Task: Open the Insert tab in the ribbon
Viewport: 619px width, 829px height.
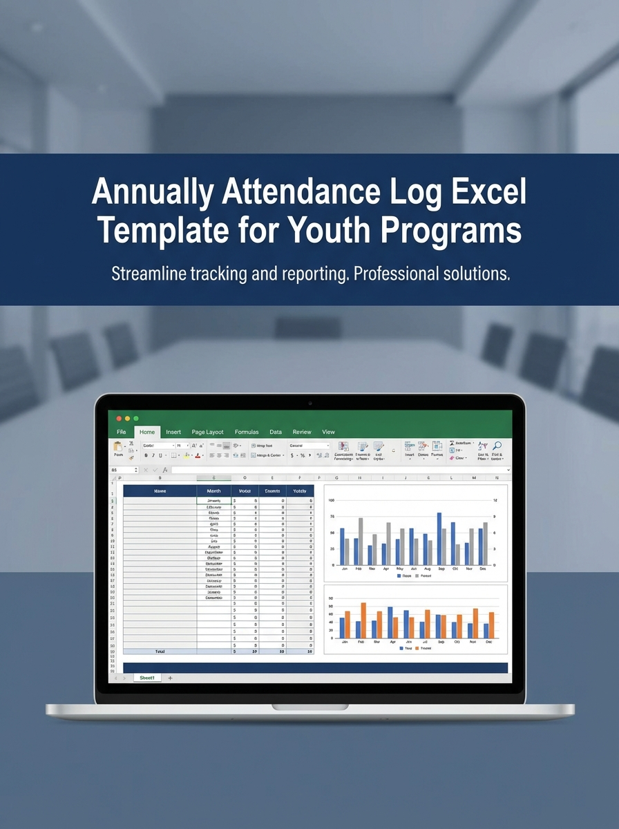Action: click(173, 432)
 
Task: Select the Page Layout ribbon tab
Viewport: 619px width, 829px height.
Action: click(207, 432)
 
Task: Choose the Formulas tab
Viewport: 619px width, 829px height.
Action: click(247, 432)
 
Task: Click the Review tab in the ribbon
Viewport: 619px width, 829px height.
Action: click(302, 432)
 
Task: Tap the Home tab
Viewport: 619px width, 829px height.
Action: click(147, 432)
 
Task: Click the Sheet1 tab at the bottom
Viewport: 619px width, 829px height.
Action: click(147, 678)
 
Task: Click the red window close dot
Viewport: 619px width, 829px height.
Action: click(119, 419)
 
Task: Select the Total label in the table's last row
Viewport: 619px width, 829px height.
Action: click(160, 651)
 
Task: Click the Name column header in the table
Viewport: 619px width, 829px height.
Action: click(160, 490)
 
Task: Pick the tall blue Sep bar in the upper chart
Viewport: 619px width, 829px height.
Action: click(439, 539)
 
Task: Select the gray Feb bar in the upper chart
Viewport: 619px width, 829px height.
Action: click(361, 541)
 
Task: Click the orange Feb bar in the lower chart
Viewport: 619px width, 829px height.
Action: click(363, 620)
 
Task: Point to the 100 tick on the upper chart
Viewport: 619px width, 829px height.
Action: click(331, 500)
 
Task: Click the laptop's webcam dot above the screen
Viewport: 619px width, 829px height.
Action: click(309, 403)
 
